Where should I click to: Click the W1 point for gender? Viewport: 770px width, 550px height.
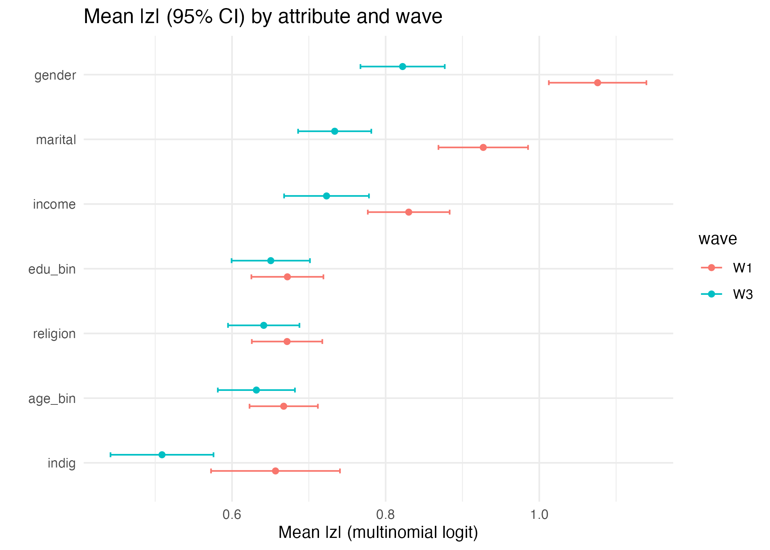point(597,83)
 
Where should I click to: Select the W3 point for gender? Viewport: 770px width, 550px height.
point(402,66)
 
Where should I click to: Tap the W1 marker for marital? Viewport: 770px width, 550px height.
point(483,147)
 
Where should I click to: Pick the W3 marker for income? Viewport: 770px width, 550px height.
point(326,196)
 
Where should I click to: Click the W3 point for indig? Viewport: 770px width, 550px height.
point(162,455)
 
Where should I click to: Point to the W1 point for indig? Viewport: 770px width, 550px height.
point(275,471)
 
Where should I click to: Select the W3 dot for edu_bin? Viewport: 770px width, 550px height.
point(271,261)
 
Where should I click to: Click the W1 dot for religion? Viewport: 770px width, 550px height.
point(287,342)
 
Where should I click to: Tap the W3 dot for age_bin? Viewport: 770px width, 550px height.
point(256,390)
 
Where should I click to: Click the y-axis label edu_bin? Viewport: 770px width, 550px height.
point(52,269)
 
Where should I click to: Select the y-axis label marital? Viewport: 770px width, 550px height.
point(56,140)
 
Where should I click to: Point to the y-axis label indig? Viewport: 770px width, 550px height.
point(62,463)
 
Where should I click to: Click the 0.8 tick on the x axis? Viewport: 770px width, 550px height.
point(385,514)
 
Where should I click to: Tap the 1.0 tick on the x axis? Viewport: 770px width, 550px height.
point(539,514)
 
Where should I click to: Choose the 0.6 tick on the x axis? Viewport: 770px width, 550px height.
point(232,514)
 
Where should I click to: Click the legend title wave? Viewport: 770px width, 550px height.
point(717,239)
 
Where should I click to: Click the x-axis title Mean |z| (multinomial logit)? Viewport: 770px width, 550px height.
point(378,532)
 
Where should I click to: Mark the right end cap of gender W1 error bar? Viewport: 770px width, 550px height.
point(646,83)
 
